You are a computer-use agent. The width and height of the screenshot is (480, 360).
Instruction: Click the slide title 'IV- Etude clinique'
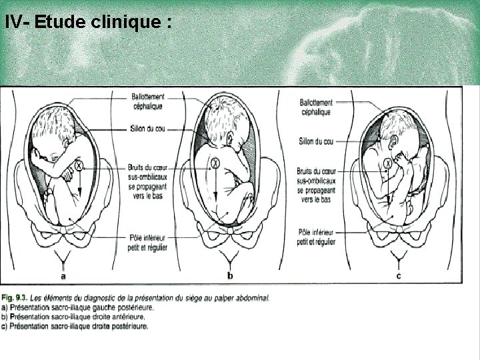88,21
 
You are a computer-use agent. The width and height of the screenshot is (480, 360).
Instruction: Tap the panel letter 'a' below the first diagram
63,275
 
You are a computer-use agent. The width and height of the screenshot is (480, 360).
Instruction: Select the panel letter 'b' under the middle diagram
230,275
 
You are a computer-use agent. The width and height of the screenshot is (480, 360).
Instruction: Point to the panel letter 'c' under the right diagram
398,275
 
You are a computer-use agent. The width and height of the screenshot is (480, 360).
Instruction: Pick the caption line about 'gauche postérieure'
77,307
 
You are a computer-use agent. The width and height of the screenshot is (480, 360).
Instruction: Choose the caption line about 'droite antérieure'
75,317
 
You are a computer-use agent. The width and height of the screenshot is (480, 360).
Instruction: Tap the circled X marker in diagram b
215,161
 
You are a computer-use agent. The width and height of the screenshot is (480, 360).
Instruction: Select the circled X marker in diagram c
389,163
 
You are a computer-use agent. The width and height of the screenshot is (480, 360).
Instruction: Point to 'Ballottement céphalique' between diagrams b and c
315,107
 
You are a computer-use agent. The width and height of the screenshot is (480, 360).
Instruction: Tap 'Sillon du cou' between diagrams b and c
317,141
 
